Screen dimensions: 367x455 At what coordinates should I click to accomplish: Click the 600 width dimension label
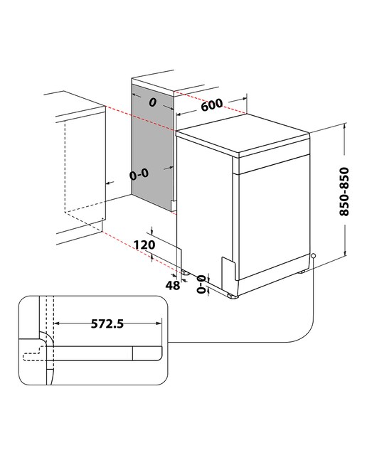(212, 105)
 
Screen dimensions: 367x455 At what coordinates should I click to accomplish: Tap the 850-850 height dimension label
(344, 191)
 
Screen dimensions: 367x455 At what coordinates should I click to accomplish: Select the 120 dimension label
(144, 245)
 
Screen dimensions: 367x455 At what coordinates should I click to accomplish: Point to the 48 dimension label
(173, 286)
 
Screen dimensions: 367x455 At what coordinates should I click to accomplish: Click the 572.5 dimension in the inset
(107, 323)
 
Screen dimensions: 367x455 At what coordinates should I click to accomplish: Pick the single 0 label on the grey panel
(152, 102)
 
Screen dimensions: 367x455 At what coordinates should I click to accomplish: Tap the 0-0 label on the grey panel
(139, 174)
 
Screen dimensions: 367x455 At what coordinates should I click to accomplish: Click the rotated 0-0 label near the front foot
(201, 284)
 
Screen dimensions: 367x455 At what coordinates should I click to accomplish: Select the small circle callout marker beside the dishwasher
(313, 256)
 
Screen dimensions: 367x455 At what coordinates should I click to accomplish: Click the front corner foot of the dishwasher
(233, 296)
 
